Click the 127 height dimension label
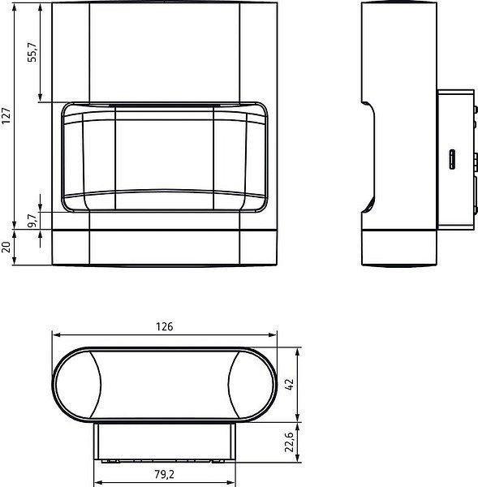click(x=6, y=116)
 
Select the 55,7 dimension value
click(x=32, y=52)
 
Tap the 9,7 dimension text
click(x=32, y=220)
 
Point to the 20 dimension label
click(x=6, y=248)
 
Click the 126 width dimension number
click(x=164, y=326)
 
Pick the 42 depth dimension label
click(x=289, y=385)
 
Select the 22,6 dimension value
click(x=289, y=442)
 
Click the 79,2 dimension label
click(x=164, y=474)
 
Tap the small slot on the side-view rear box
click(x=452, y=159)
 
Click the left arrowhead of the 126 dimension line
click(x=56, y=334)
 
